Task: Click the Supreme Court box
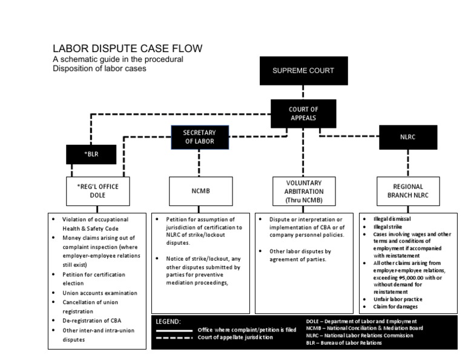click(x=303, y=71)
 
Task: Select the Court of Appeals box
click(x=303, y=113)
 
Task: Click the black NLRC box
click(x=408, y=138)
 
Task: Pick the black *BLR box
click(x=91, y=154)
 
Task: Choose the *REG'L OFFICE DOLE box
click(x=98, y=191)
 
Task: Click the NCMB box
click(x=200, y=191)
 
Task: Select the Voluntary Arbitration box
click(x=303, y=191)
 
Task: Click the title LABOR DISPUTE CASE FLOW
click(x=127, y=48)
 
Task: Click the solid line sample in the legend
click(x=175, y=330)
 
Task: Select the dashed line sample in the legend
click(x=175, y=338)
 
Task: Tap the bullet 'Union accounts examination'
click(x=100, y=293)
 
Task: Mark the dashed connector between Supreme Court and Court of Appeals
click(x=303, y=92)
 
